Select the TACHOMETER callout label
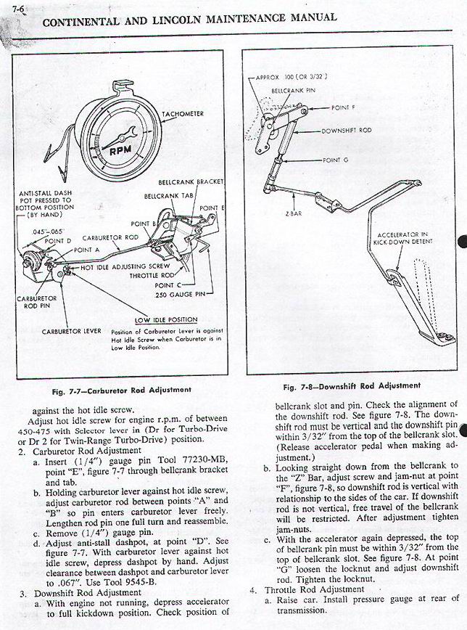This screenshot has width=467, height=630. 183,115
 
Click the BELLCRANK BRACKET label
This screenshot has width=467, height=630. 191,181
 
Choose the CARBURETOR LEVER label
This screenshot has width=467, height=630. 71,331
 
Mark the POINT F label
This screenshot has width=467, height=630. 343,107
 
